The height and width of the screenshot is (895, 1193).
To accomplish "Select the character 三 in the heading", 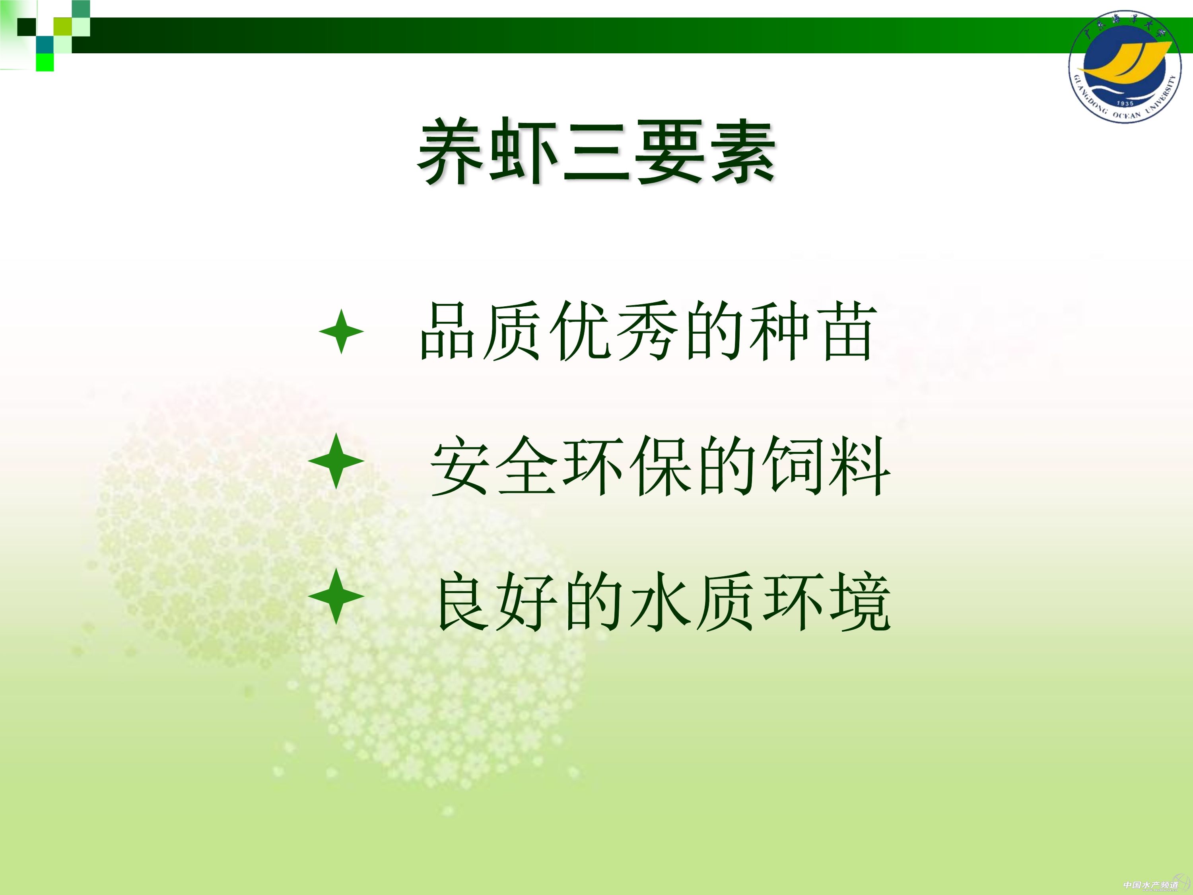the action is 596,152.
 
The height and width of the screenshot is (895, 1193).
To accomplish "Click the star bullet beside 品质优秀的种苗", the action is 341,331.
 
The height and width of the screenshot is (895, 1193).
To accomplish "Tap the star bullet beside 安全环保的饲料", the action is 336,461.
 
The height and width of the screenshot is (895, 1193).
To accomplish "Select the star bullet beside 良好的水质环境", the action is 336,596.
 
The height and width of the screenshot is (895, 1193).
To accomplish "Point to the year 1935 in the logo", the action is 1125,103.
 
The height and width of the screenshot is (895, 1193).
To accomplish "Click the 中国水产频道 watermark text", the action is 1150,885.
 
